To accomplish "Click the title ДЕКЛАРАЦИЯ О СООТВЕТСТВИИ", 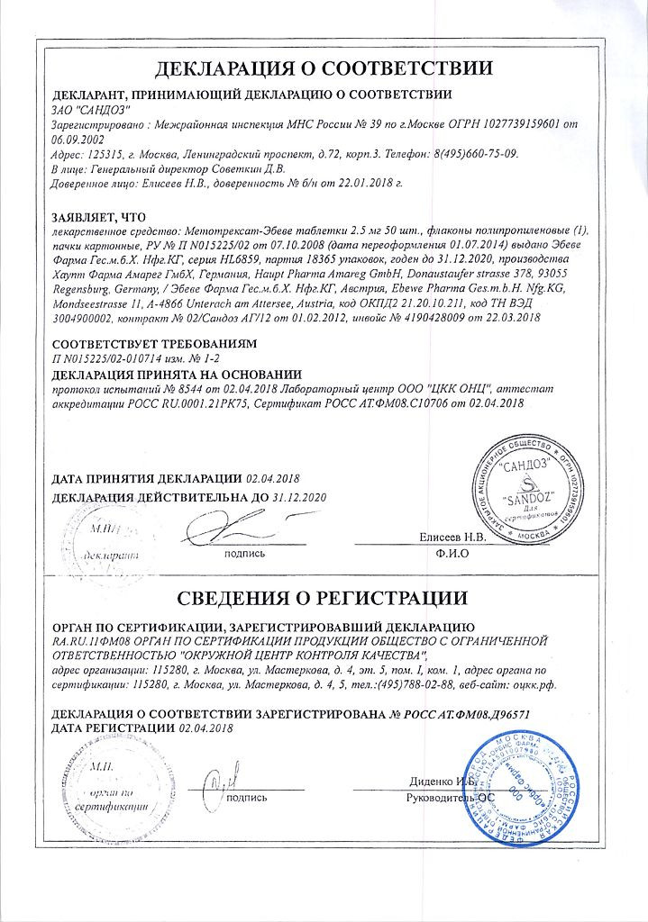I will (x=324, y=68).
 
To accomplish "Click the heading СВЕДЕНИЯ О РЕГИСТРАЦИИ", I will (x=324, y=598).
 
